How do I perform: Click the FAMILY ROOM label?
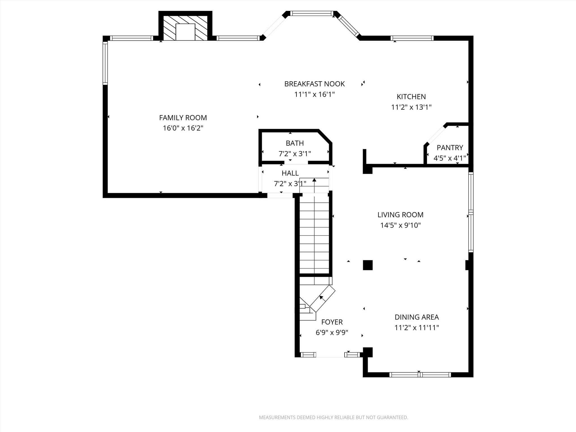(x=183, y=118)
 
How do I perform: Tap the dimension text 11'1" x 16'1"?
(x=314, y=94)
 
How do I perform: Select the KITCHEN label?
(x=411, y=97)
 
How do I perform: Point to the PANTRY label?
(x=449, y=148)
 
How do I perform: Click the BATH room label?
(x=294, y=143)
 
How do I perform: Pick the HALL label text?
(x=290, y=173)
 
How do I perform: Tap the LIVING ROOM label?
(x=400, y=215)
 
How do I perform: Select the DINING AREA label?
(x=417, y=317)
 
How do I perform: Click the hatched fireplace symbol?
(x=185, y=28)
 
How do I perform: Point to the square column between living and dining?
(x=368, y=265)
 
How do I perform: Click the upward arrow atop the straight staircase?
(x=314, y=180)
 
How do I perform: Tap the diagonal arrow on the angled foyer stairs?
(x=321, y=298)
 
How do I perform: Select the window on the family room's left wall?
(x=105, y=63)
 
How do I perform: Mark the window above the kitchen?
(x=412, y=38)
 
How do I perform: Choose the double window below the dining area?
(x=420, y=375)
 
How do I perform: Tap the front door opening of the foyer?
(x=330, y=355)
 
